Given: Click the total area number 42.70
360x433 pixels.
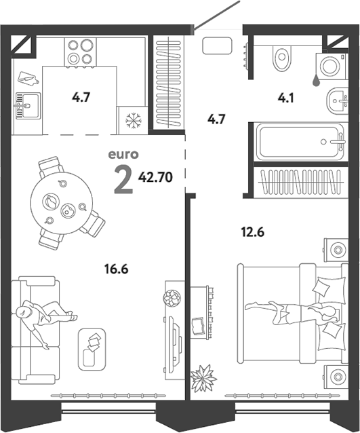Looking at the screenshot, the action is click(x=155, y=177).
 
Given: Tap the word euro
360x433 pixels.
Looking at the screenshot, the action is click(x=123, y=154).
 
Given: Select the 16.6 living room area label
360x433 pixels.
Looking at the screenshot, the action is click(x=117, y=269).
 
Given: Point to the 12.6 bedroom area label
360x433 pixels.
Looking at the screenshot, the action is click(x=253, y=232).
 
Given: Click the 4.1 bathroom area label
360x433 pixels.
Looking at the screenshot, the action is click(x=286, y=98).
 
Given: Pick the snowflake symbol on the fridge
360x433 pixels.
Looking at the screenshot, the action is click(x=134, y=120).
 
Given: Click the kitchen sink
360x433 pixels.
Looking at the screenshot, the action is click(x=28, y=105).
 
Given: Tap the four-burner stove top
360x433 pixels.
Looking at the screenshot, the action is click(x=80, y=52).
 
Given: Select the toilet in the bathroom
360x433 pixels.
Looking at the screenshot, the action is click(x=281, y=58).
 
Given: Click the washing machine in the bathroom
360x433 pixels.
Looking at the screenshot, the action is click(x=330, y=66).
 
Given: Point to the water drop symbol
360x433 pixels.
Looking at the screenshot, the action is click(x=316, y=81).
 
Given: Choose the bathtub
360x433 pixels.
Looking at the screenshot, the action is click(x=300, y=142).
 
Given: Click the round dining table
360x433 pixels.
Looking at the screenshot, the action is click(x=62, y=203).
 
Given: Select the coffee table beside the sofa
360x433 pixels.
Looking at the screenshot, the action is click(x=92, y=350).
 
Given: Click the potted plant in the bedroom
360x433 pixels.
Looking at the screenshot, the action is click(x=203, y=377).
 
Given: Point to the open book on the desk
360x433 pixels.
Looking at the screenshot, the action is click(x=198, y=326).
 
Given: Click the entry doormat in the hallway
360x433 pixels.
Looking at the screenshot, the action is click(x=217, y=46).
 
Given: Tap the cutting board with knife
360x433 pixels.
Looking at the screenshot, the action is click(x=28, y=78).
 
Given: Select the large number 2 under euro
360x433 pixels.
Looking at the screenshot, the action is click(x=123, y=181).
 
